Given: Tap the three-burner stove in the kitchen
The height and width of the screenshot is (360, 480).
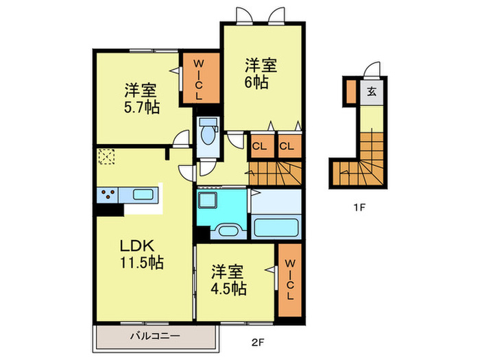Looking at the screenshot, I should click(108, 195).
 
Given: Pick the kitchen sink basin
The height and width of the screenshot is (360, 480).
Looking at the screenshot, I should click(143, 195).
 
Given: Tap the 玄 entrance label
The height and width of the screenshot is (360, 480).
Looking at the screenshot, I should click(371, 91).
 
